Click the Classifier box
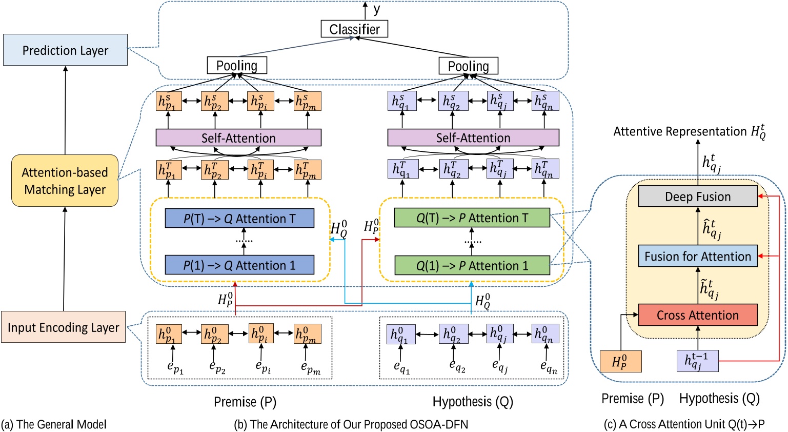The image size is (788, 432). (354, 29)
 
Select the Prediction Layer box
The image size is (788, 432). (65, 50)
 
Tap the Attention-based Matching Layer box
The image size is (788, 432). (65, 181)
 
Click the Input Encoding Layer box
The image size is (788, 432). (64, 327)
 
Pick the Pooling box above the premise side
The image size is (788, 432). (236, 66)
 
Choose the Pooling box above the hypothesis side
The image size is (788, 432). (468, 66)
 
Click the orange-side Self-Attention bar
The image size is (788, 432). (238, 138)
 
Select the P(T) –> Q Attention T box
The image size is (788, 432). (239, 219)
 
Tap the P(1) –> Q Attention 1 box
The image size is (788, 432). (239, 265)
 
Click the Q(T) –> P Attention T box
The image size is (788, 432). (472, 218)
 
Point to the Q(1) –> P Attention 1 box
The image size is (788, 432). (472, 266)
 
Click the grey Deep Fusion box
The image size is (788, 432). (697, 197)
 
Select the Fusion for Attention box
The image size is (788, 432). (697, 256)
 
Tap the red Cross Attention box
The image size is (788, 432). (697, 315)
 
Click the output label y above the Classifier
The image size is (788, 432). (377, 9)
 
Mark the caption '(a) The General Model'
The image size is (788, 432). (54, 424)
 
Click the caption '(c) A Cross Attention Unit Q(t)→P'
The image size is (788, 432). (684, 424)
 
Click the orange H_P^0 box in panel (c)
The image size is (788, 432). (620, 361)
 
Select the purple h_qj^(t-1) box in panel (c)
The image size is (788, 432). (697, 361)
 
